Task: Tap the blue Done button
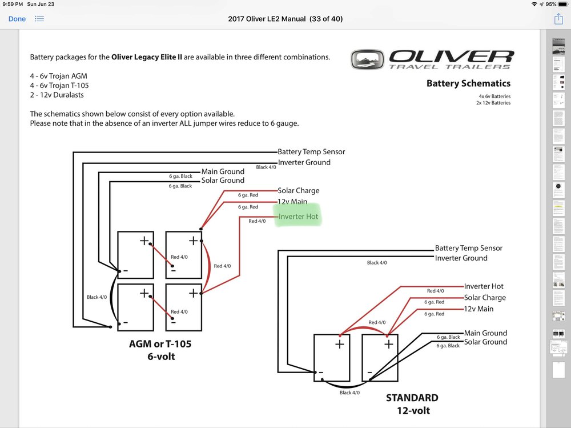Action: (x=17, y=19)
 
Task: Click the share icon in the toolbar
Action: (x=558, y=19)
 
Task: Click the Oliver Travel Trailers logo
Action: (x=432, y=59)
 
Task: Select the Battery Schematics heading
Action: (x=468, y=83)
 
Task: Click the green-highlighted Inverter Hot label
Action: (x=297, y=217)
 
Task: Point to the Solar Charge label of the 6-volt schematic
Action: (x=298, y=190)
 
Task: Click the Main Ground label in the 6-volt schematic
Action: (x=223, y=171)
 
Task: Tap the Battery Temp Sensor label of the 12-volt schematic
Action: (x=469, y=248)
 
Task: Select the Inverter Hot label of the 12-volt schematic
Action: (x=484, y=286)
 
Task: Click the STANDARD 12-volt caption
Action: (x=412, y=403)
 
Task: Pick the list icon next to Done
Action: (x=39, y=19)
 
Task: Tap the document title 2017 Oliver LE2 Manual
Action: (x=285, y=19)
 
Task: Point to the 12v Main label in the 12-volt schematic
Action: (x=478, y=309)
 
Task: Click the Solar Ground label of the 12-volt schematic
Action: (x=485, y=342)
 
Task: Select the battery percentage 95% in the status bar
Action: (x=551, y=4)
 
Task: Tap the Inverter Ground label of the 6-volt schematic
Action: (x=304, y=162)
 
